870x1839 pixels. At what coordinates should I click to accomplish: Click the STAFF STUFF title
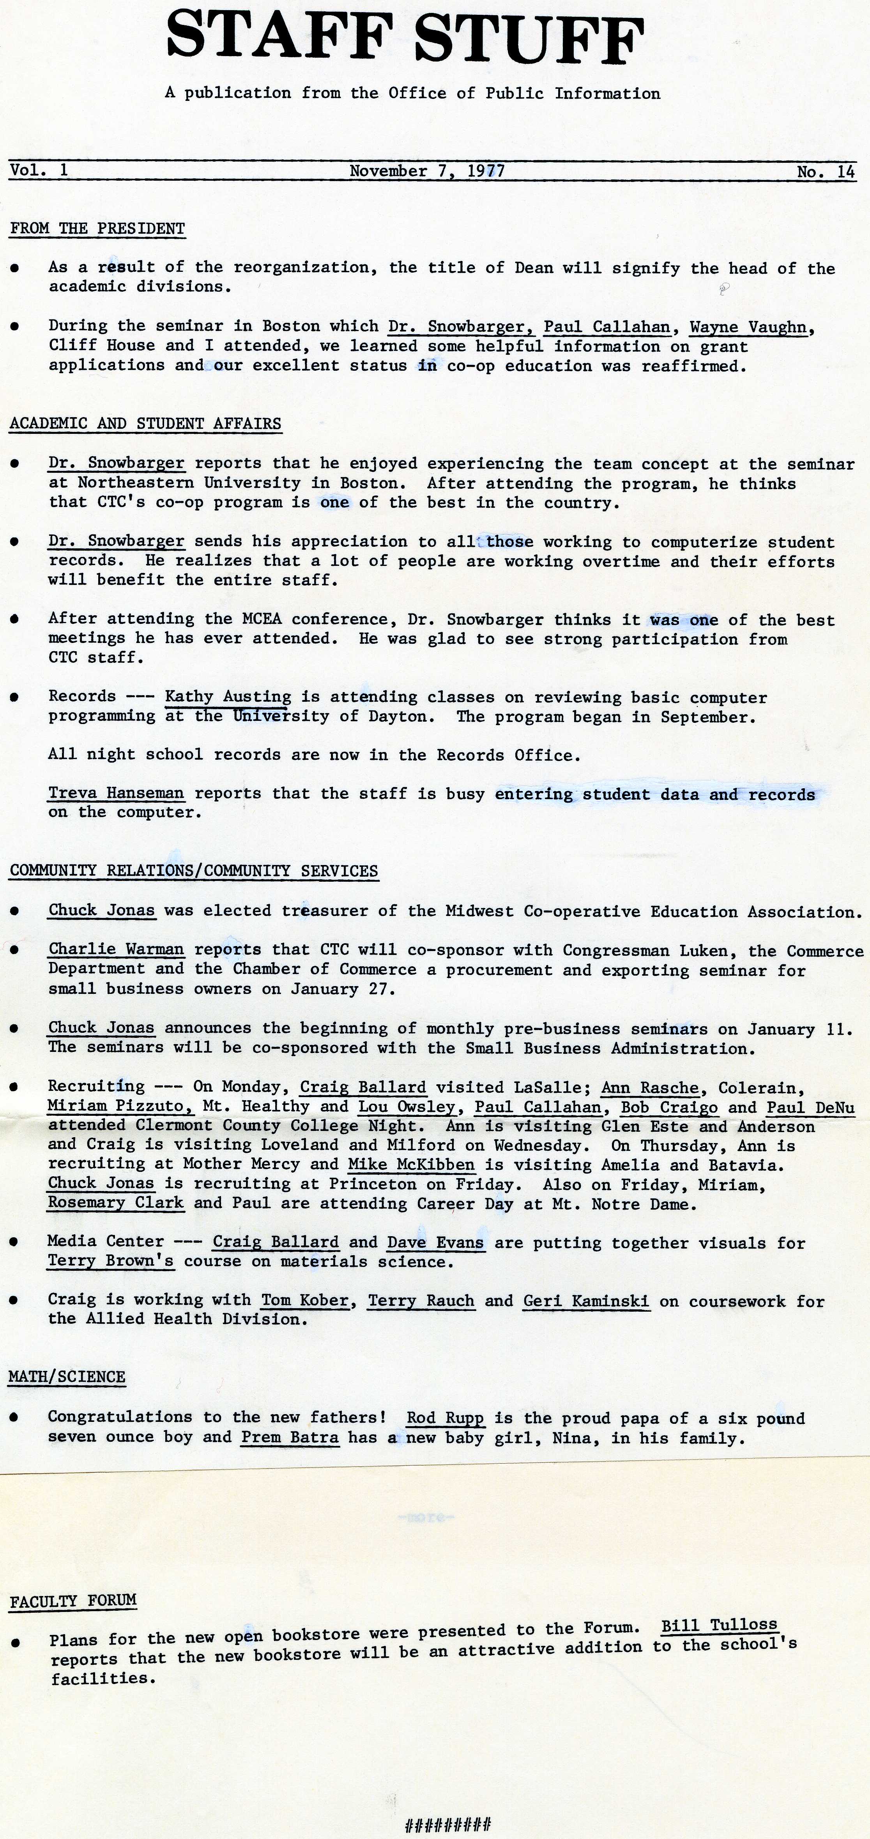click(x=405, y=40)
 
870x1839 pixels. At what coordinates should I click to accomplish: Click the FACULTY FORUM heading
click(x=73, y=1601)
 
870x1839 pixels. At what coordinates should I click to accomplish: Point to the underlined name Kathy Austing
click(x=228, y=697)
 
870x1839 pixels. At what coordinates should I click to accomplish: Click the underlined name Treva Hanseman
click(x=116, y=793)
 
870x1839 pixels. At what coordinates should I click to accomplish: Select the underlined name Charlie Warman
click(x=116, y=949)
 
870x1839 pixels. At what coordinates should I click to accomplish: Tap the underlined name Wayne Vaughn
click(x=748, y=327)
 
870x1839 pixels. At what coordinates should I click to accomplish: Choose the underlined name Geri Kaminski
click(x=586, y=1301)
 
